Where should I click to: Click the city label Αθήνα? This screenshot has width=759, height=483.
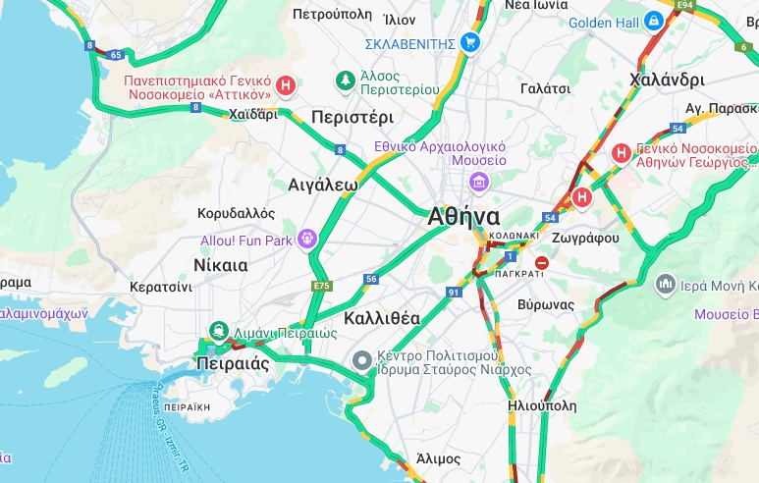464,217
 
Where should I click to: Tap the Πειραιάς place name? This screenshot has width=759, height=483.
233,362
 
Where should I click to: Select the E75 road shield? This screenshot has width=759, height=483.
321,286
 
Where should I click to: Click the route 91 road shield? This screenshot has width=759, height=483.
454,293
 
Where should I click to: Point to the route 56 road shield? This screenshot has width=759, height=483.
370,280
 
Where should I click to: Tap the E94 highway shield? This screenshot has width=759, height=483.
684,5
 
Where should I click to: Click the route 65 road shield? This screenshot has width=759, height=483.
117,55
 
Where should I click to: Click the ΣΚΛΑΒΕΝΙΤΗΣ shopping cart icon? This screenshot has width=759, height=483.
470,42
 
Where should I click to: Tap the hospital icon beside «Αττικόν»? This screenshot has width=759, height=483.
286,86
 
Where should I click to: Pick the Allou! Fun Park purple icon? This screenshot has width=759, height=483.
307,239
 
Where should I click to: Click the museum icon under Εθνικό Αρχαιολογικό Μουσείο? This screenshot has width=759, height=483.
478,181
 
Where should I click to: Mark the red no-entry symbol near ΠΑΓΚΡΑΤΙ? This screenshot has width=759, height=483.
541,263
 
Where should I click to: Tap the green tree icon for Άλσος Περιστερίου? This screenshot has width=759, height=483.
344,80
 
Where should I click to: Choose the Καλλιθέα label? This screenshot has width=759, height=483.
382,318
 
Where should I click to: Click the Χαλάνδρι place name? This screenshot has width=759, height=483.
668,80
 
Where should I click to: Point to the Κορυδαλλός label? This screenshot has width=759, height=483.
236,212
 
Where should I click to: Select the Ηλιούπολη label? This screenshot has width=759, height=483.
542,404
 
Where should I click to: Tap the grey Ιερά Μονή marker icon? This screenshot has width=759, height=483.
666,285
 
